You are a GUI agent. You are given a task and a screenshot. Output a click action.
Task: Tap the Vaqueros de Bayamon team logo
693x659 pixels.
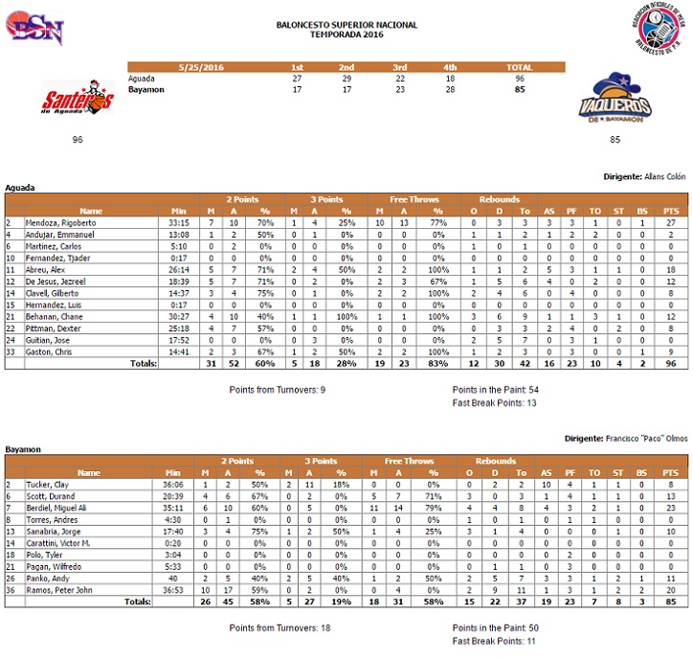click(615, 101)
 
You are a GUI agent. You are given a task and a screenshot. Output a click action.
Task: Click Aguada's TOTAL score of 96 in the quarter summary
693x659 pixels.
click(520, 78)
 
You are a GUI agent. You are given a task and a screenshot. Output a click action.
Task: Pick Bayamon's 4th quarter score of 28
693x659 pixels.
click(451, 88)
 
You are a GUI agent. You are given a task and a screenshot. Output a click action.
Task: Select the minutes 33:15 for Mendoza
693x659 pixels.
click(177, 221)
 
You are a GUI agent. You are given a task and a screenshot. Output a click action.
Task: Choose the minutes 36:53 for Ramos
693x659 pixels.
click(177, 589)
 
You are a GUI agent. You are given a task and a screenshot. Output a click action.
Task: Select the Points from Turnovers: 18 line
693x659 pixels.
click(280, 627)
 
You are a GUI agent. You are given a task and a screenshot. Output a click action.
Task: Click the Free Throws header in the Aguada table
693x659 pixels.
click(409, 199)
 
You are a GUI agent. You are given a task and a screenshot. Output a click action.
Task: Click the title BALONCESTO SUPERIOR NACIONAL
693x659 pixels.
click(346, 25)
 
